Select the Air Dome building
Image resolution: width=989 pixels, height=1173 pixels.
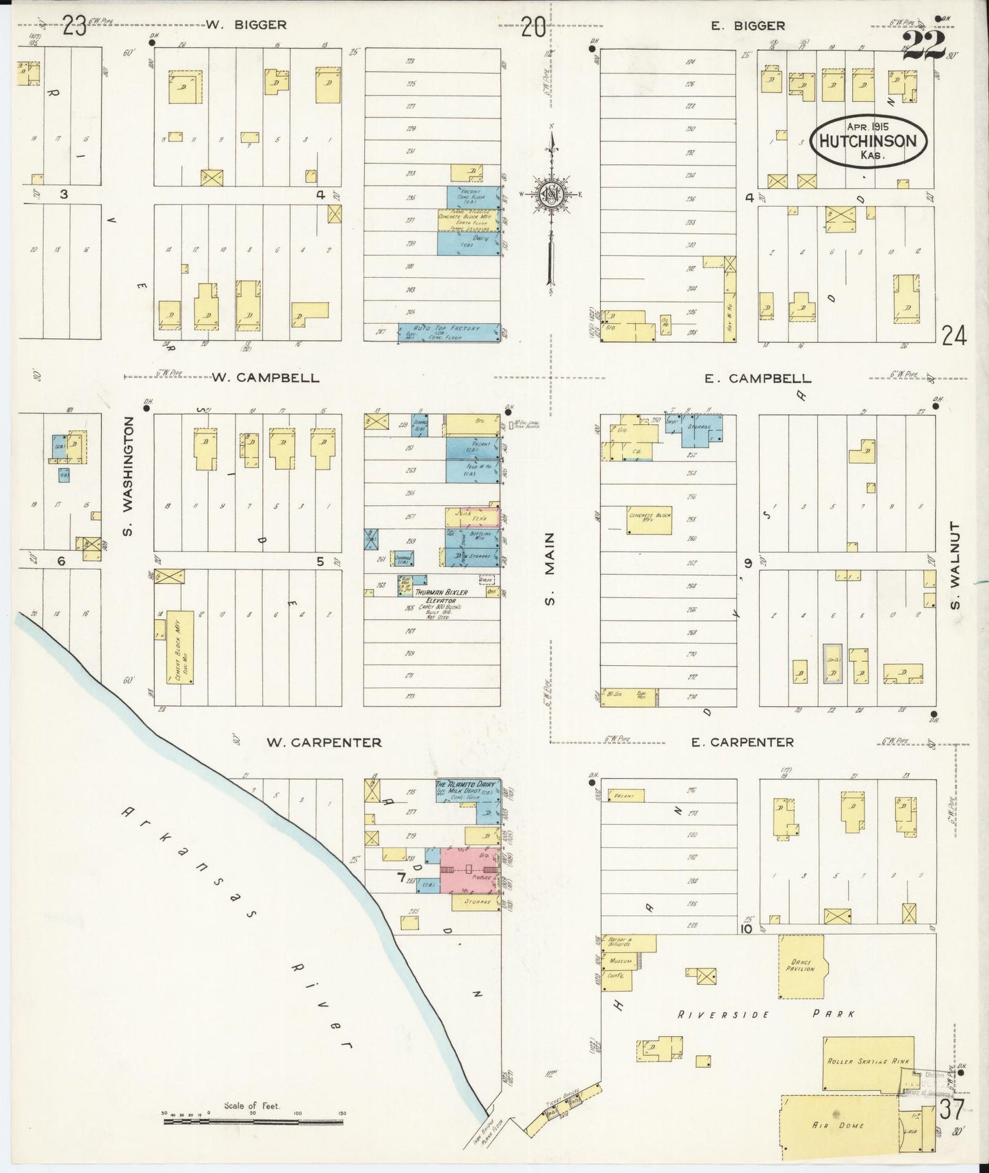click(x=839, y=1124)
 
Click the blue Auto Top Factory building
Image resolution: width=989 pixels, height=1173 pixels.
click(x=449, y=331)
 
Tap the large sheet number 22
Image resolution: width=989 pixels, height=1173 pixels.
click(x=923, y=45)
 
